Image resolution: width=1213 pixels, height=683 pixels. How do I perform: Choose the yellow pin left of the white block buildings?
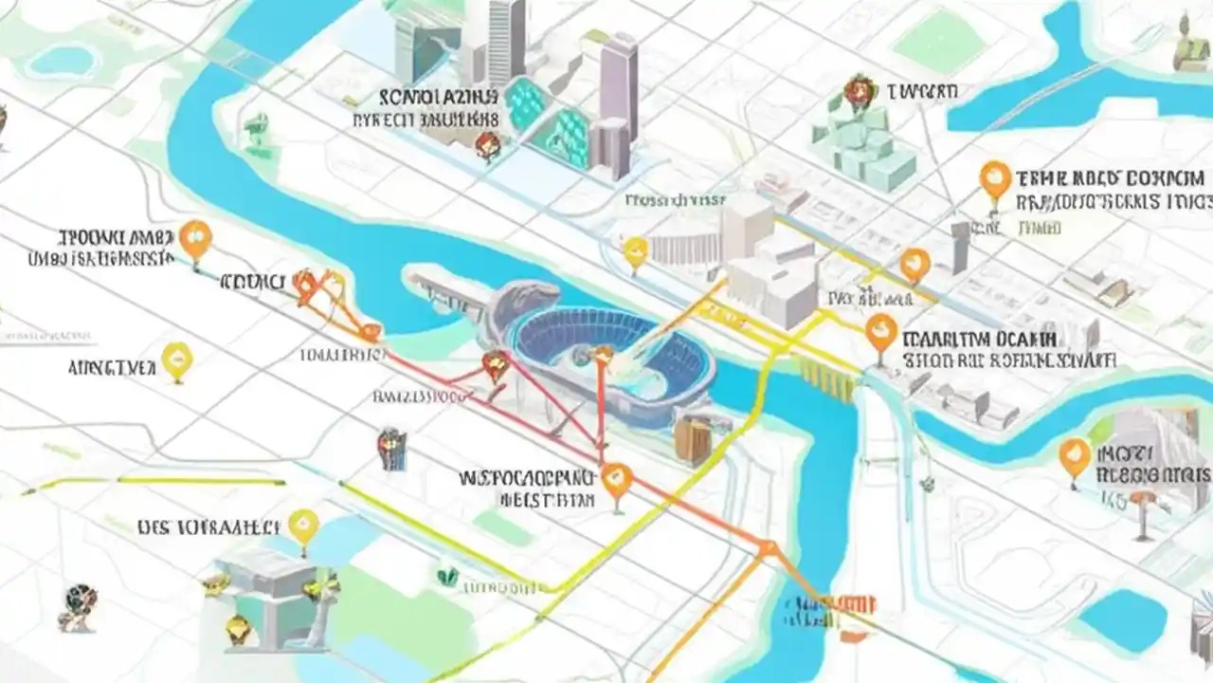[x=636, y=251]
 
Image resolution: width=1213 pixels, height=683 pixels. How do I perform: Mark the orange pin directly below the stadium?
[x=616, y=478]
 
